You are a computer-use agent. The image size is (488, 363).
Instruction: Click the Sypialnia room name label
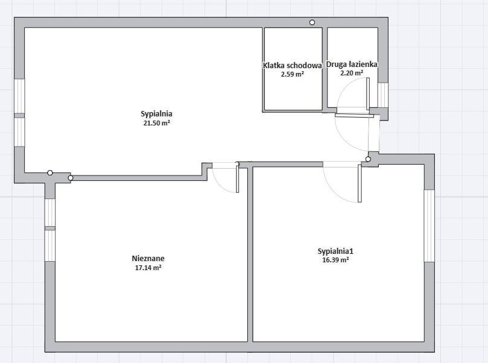157,114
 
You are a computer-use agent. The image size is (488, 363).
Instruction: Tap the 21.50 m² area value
157,123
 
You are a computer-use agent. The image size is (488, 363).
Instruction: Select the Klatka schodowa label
292,66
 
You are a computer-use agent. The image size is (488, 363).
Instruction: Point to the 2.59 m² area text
292,74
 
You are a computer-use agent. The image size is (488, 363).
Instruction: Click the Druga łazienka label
352,65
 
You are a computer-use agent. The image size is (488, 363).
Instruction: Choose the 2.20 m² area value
352,73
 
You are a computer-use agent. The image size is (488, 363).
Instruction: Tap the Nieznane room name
148,259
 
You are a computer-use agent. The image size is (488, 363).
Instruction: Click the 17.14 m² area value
148,268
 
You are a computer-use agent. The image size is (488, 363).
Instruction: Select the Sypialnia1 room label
335,251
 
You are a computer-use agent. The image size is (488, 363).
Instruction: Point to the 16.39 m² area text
335,260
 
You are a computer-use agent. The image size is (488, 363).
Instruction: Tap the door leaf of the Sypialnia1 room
360,183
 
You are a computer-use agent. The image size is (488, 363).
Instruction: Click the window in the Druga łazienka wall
383,95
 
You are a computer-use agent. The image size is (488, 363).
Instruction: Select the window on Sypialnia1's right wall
429,226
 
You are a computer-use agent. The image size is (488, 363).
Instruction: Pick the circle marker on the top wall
312,22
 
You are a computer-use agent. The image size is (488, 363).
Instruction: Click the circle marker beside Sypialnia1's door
368,159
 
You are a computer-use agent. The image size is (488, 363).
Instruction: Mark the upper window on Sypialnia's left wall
19,96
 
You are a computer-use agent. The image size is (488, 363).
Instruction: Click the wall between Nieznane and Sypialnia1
250,254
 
